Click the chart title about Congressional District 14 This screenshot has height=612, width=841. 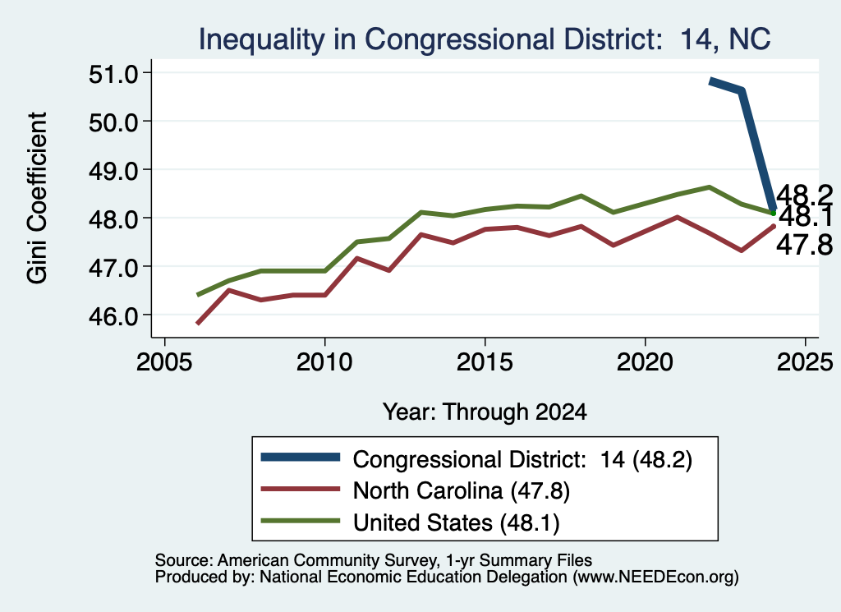(x=485, y=39)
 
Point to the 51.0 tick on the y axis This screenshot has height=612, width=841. (x=113, y=73)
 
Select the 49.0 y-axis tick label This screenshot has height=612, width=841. (x=113, y=170)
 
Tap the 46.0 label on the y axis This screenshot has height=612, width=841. (x=113, y=315)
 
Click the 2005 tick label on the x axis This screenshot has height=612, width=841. (x=164, y=362)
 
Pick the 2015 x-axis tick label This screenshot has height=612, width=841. (x=485, y=362)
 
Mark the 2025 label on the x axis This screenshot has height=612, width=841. (x=805, y=362)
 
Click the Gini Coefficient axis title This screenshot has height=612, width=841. (x=37, y=198)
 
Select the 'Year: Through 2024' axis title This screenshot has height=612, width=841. (x=485, y=412)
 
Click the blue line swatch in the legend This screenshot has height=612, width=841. (x=301, y=457)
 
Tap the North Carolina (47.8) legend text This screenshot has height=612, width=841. (x=462, y=490)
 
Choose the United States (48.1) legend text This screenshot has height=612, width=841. (x=457, y=523)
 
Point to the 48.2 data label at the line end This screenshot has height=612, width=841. (x=805, y=195)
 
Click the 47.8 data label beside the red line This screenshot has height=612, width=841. (x=805, y=245)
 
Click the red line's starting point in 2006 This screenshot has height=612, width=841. (x=198, y=324)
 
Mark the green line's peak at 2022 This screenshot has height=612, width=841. (x=709, y=187)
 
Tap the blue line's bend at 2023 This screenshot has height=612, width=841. (x=742, y=90)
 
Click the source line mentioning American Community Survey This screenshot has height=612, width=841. (x=374, y=560)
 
